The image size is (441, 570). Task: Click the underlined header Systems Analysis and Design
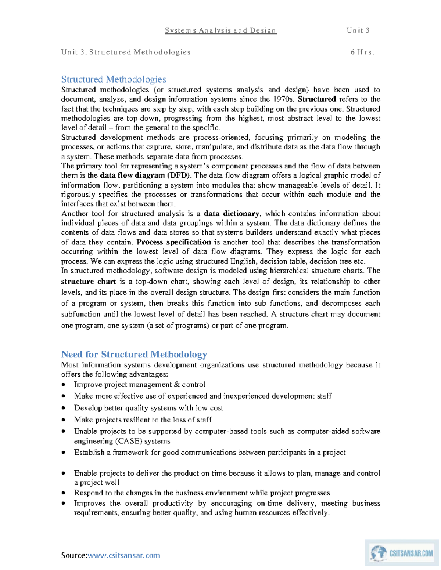[x=220, y=30]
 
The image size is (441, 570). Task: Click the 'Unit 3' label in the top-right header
[x=358, y=30]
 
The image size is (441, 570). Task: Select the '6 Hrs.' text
[x=362, y=52]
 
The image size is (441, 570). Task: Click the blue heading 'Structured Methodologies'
[x=114, y=79]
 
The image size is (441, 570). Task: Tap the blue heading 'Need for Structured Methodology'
[x=134, y=354]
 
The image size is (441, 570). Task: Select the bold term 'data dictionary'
[x=232, y=214]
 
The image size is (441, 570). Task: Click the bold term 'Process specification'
[x=173, y=242]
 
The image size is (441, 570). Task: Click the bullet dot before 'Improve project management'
[x=64, y=385]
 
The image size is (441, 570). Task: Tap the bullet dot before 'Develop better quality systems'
[x=64, y=408]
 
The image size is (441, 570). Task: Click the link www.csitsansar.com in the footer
[x=124, y=555]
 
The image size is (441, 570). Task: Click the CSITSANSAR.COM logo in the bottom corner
[x=401, y=553]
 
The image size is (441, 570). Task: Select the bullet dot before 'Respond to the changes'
[x=64, y=493]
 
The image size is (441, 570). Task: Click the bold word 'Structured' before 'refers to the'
[x=317, y=99]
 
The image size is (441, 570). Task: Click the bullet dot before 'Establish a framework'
[x=64, y=453]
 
